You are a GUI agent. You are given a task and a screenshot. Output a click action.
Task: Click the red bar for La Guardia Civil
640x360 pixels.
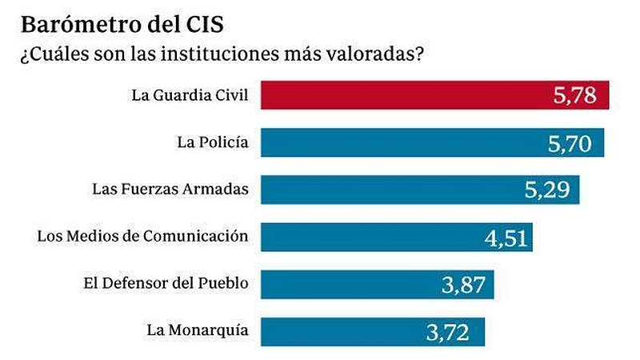click(400, 96)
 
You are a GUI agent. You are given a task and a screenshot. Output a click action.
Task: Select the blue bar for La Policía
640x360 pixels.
click(400, 143)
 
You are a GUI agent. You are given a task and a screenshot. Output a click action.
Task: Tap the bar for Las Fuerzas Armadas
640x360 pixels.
click(384, 190)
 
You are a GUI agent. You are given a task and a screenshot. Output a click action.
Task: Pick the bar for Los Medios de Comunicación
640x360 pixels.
click(360, 237)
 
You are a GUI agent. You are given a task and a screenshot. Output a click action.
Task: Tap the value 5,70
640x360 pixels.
click(569, 144)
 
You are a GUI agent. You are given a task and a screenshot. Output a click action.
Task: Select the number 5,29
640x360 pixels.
click(545, 191)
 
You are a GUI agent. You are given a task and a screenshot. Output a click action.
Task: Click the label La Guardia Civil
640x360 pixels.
click(190, 97)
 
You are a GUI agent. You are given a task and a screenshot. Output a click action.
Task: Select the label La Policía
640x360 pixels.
click(212, 143)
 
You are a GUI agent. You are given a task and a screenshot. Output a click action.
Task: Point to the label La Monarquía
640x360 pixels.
click(198, 330)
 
